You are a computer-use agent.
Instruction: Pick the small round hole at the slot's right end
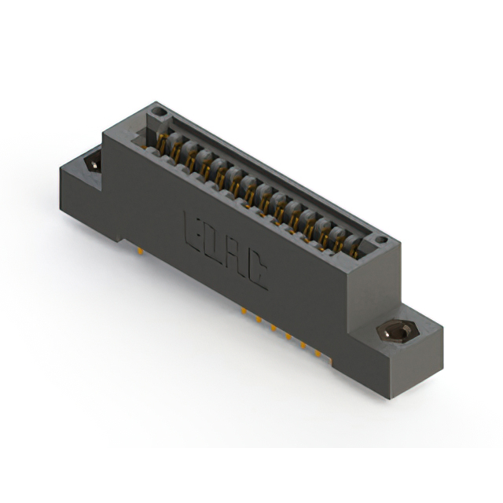click(x=380, y=239)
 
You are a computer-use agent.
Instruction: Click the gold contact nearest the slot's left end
click(x=162, y=143)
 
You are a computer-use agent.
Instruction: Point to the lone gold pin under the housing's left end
click(x=139, y=252)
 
